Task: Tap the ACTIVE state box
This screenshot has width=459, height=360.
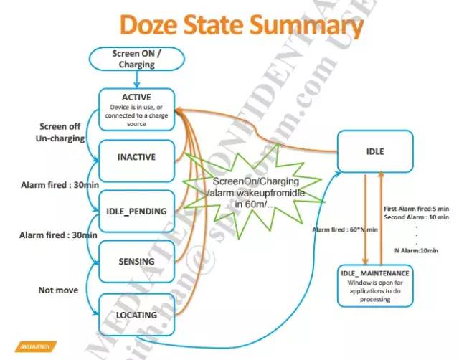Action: point(136,109)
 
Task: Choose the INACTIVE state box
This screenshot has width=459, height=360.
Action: point(136,156)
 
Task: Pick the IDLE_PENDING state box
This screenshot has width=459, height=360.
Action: point(136,211)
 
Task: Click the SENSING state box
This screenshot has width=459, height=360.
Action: point(136,261)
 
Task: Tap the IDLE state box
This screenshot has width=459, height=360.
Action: point(375,152)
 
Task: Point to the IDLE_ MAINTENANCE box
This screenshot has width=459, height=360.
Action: point(374,285)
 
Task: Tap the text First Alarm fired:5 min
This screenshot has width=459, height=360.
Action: point(416,208)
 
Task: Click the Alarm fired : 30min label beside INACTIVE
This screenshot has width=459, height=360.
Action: point(51,184)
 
